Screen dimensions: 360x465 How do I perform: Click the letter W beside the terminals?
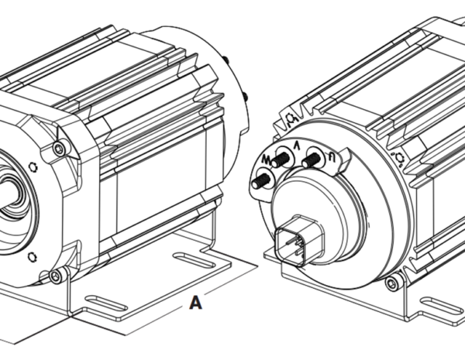[x=267, y=158]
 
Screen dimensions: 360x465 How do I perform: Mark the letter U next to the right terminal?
[x=331, y=154]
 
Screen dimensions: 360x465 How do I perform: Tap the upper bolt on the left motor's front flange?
[x=59, y=149]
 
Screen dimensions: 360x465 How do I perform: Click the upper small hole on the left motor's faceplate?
[x=32, y=166]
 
